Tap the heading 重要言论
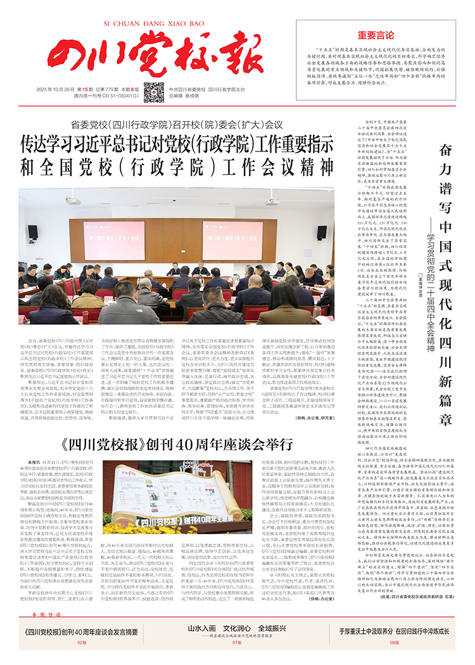(x=376, y=35)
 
